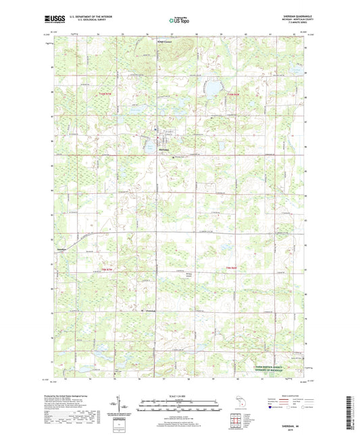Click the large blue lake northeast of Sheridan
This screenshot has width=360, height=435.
point(214,88)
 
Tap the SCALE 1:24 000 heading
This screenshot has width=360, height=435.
point(180,395)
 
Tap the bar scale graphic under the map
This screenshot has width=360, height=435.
point(180,405)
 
